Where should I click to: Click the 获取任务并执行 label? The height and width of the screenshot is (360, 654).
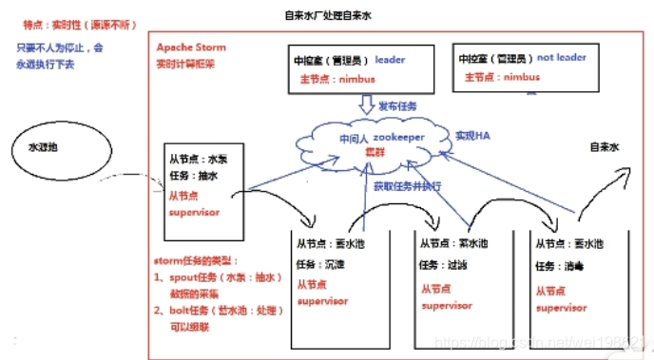point(407,185)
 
